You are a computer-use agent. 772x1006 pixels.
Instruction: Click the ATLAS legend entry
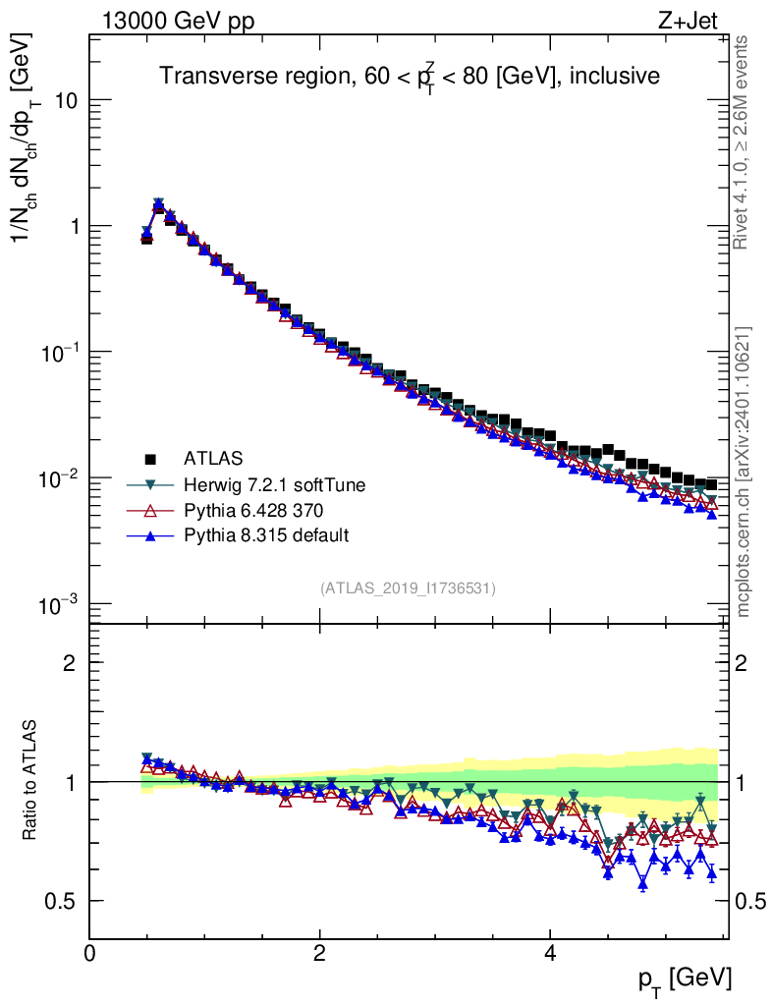[212, 458]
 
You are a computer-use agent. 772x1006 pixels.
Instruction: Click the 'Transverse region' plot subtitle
[410, 75]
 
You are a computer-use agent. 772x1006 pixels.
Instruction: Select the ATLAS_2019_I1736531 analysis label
[408, 588]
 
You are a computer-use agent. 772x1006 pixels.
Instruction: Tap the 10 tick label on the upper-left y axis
[64, 101]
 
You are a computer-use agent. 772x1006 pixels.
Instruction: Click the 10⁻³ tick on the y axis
[56, 603]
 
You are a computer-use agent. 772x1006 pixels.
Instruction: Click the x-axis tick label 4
[551, 952]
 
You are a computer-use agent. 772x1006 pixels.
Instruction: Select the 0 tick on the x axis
[90, 952]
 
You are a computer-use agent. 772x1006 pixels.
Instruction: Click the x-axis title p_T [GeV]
[684, 978]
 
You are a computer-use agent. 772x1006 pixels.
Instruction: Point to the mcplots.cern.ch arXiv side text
[744, 472]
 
